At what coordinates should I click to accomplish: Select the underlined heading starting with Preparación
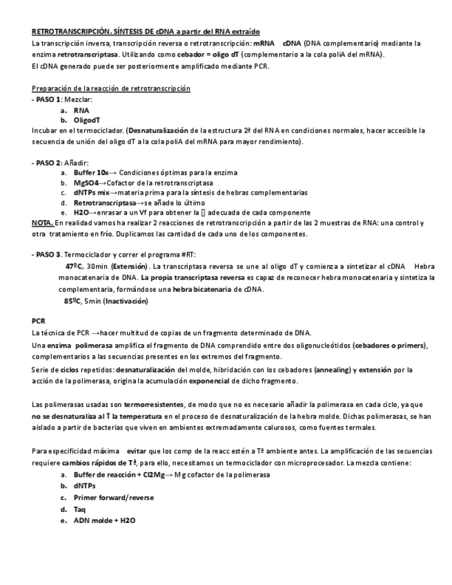click(111, 89)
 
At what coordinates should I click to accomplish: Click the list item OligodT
click(88, 120)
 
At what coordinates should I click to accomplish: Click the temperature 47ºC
click(75, 266)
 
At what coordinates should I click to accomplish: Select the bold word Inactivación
click(125, 301)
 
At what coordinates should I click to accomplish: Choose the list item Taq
click(80, 509)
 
